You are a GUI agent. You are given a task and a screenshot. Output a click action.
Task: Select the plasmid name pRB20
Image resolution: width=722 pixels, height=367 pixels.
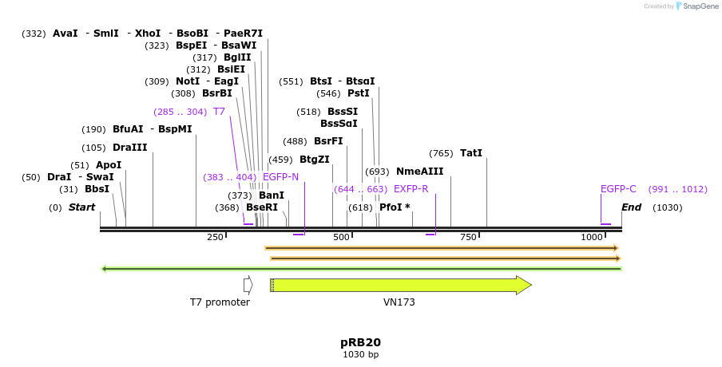pos(360,342)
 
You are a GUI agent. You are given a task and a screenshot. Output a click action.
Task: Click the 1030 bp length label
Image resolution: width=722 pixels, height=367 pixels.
pos(360,354)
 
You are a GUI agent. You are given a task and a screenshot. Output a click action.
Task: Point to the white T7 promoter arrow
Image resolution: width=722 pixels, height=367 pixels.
pos(248,285)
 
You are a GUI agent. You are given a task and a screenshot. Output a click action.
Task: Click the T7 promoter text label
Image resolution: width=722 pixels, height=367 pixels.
pos(220,302)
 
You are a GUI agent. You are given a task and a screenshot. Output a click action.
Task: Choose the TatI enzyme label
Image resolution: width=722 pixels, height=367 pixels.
pos(471,153)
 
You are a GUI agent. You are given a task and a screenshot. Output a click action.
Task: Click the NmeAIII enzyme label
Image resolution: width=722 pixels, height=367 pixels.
pos(419,172)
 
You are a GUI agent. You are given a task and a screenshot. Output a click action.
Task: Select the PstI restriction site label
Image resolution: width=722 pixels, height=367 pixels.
pos(359,93)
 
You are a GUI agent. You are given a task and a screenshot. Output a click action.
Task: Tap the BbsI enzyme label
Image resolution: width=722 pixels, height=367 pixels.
pos(97,189)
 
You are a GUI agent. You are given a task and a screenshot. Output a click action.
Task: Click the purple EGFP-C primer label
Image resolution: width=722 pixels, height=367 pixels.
pos(618,189)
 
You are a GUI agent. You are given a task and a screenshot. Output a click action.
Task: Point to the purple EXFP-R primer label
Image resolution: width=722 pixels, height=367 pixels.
pos(411,189)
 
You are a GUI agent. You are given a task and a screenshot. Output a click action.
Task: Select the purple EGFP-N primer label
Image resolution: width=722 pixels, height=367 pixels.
pos(280,177)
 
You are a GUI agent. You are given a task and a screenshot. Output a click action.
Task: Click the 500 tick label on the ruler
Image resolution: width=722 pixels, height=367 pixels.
pos(342,237)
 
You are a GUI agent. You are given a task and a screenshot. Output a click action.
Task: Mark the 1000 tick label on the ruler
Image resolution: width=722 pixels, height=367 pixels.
pos(592,237)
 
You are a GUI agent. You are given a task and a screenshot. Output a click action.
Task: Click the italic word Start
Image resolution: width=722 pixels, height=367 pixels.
pos(81,207)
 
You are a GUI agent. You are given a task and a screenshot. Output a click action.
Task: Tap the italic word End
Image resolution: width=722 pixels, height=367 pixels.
pos(632,207)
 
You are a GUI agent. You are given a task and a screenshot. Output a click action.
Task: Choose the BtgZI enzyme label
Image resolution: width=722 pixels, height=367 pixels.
pos(315,160)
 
